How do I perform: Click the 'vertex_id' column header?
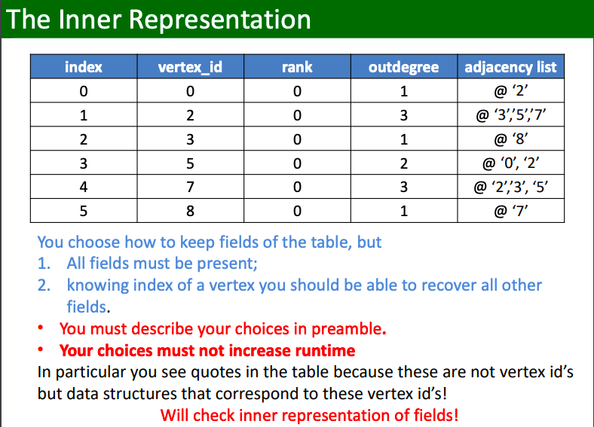pos(190,67)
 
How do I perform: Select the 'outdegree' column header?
pos(404,67)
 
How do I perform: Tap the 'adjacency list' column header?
pos(510,67)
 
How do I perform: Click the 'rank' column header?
pos(297,67)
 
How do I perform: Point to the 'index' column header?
pos(84,67)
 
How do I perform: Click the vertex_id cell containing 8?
pos(190,211)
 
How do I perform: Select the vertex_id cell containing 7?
pos(190,187)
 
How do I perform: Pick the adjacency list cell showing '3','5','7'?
pos(510,114)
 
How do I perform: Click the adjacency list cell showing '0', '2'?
pos(510,163)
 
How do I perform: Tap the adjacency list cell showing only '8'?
pos(510,139)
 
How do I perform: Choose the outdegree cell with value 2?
pos(404,163)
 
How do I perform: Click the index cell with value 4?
pos(84,187)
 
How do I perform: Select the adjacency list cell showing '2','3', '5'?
pos(510,187)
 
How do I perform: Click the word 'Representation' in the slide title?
pos(219,20)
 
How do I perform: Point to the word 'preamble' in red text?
pos(348,329)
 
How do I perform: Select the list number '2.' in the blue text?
pos(44,285)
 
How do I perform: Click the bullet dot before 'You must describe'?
pos(41,328)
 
